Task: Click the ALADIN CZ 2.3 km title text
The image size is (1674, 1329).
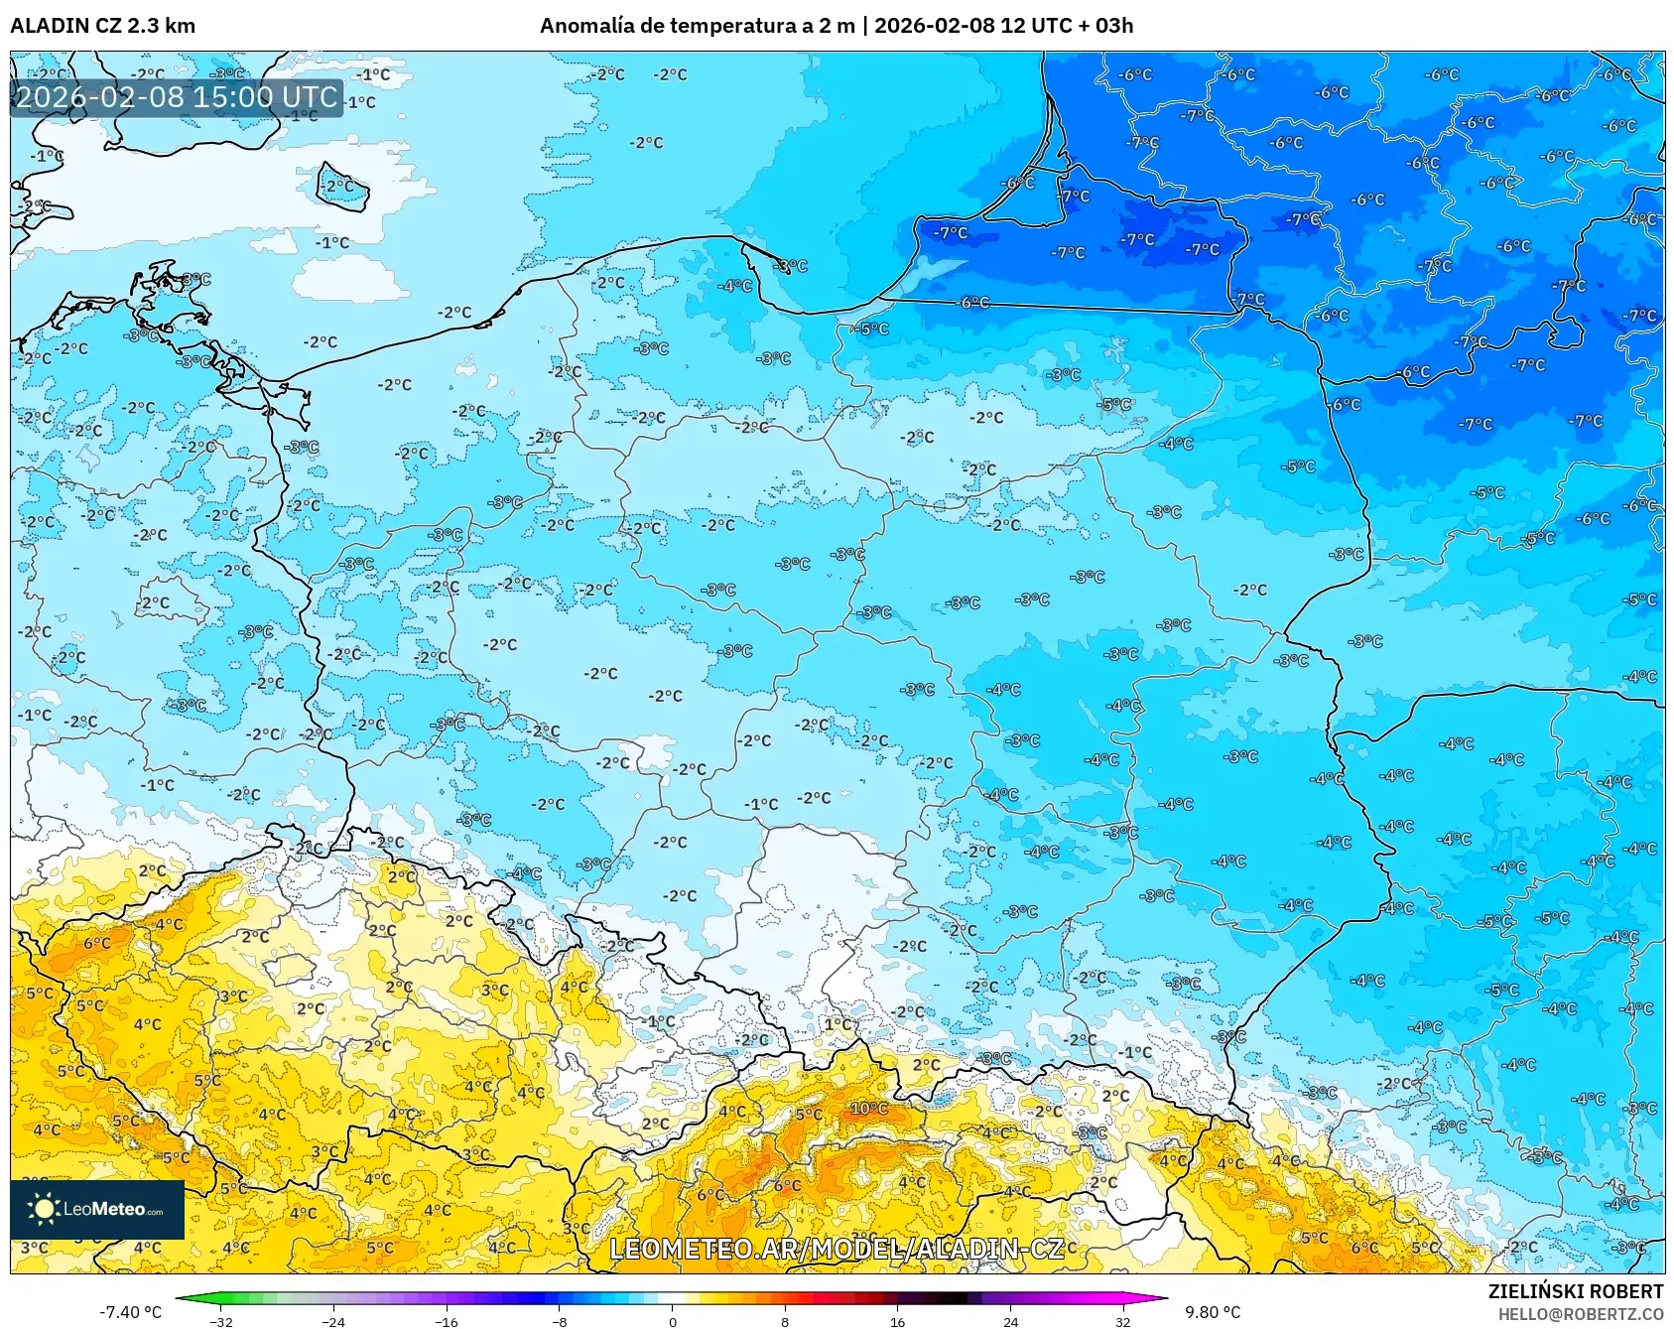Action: (x=102, y=26)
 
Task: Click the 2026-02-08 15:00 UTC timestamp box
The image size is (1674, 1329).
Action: (x=177, y=97)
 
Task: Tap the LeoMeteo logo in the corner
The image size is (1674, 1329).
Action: (x=97, y=1209)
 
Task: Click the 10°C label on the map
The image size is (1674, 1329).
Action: (x=869, y=1109)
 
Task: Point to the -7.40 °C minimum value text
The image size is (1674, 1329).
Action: (x=130, y=1312)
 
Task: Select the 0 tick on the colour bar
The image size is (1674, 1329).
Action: (x=673, y=1321)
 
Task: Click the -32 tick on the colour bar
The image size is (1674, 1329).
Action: (x=222, y=1321)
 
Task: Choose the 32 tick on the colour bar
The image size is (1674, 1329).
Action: (x=1122, y=1321)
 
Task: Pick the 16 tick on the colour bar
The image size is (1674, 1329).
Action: (x=897, y=1321)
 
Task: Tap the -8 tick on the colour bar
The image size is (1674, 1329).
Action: (x=560, y=1321)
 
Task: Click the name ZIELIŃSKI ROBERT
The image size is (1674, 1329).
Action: (x=1575, y=1291)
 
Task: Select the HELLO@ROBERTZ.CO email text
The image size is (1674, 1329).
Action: (x=1580, y=1314)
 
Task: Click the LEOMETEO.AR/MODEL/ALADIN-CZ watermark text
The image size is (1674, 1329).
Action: (x=837, y=1249)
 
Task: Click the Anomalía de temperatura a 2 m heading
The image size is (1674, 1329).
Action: (x=697, y=26)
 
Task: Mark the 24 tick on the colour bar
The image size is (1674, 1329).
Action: (x=1010, y=1321)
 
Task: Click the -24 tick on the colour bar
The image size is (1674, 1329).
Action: (x=334, y=1321)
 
